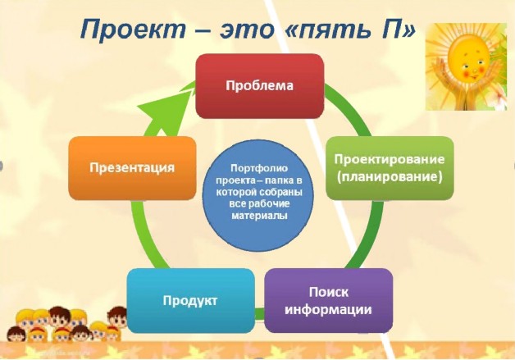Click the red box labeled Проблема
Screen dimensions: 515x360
click(x=260, y=86)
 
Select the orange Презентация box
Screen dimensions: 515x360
click(x=132, y=168)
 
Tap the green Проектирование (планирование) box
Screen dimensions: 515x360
click(x=390, y=168)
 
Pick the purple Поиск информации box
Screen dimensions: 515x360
click(x=329, y=301)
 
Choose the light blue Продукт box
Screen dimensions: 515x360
click(x=190, y=301)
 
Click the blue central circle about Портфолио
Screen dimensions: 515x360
click(x=258, y=195)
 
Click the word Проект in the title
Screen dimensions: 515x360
click(x=133, y=30)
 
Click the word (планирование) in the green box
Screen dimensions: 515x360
click(x=390, y=177)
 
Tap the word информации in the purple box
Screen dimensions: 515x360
click(x=328, y=309)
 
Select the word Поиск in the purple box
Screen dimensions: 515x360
click(x=329, y=292)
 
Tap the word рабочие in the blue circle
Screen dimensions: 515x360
click(x=269, y=204)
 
